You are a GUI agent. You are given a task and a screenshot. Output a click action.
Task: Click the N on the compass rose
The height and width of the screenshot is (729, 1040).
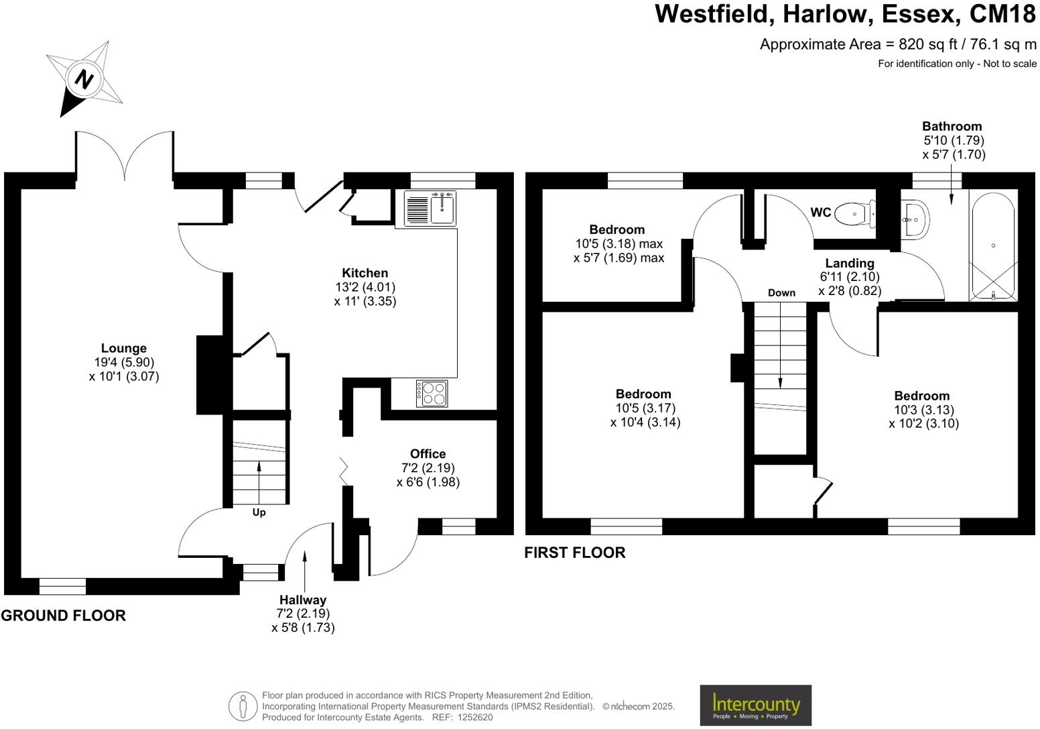84,80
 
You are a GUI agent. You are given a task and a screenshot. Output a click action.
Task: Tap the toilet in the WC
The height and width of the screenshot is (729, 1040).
856,214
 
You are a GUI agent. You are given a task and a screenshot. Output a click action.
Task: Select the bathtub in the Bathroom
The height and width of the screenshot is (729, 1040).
993,246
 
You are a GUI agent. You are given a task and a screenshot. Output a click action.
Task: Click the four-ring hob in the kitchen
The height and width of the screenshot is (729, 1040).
432,393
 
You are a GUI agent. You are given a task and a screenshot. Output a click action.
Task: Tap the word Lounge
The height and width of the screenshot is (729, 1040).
123,348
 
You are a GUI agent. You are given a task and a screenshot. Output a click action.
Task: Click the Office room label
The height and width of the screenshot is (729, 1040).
428,454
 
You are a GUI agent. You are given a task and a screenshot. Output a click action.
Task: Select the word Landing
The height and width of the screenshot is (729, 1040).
849,263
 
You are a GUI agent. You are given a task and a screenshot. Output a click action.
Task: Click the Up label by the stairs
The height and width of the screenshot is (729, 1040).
259,512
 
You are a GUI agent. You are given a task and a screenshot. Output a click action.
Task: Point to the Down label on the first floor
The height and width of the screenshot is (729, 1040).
781,292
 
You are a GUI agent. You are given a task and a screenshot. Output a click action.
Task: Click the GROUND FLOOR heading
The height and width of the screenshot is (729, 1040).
63,616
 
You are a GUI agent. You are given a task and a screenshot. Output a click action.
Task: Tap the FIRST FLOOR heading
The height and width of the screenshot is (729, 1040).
574,553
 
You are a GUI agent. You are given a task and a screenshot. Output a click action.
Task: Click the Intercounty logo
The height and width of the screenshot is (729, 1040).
755,705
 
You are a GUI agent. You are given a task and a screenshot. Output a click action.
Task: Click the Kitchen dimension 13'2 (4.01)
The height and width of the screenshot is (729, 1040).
365,287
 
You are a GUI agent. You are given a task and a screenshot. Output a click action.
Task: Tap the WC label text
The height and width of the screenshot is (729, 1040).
820,213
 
